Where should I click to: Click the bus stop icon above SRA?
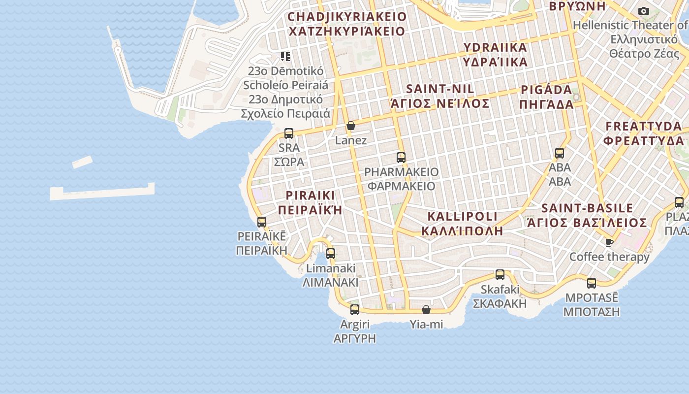click(x=289, y=133)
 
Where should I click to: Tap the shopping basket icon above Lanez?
click(x=351, y=126)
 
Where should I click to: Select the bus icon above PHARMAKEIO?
click(x=401, y=158)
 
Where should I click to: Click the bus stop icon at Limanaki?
click(x=331, y=254)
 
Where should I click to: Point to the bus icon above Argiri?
click(x=355, y=310)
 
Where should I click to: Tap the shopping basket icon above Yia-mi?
click(x=426, y=310)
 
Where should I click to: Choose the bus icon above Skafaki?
click(x=500, y=275)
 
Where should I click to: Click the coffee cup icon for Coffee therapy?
click(x=609, y=242)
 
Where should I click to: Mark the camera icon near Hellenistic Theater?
click(x=643, y=11)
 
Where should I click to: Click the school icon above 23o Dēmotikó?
click(x=285, y=57)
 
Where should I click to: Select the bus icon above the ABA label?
click(x=560, y=153)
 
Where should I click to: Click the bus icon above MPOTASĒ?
click(x=592, y=283)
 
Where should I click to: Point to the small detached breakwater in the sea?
click(x=82, y=162)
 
